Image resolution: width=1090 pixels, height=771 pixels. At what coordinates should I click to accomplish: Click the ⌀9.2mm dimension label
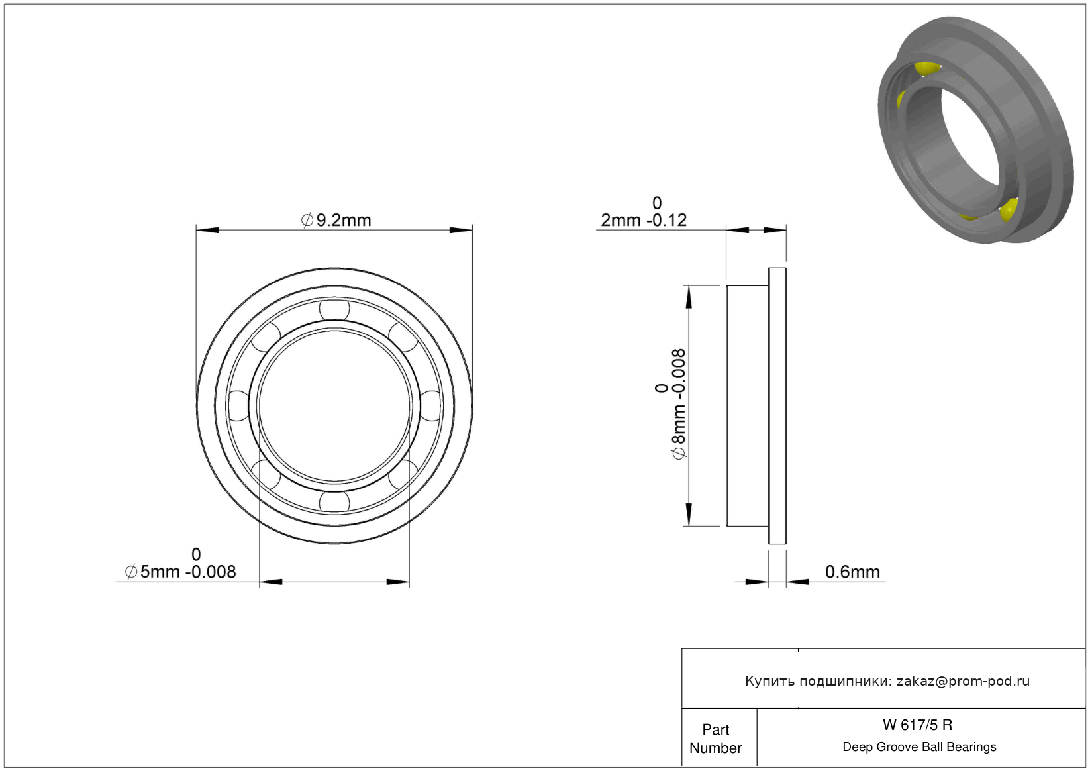(x=336, y=220)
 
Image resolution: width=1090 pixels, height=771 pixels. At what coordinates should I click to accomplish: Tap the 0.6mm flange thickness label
(x=852, y=572)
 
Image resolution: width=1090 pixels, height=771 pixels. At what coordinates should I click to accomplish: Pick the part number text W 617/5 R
(x=918, y=725)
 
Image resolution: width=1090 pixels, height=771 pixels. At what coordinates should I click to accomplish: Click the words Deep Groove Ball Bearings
(x=919, y=746)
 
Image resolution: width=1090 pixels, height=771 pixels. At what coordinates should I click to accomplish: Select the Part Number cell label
(x=715, y=739)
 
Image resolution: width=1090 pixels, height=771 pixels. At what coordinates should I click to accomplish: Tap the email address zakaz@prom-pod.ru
(x=963, y=681)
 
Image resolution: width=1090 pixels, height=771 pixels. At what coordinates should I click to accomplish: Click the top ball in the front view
(x=334, y=309)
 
